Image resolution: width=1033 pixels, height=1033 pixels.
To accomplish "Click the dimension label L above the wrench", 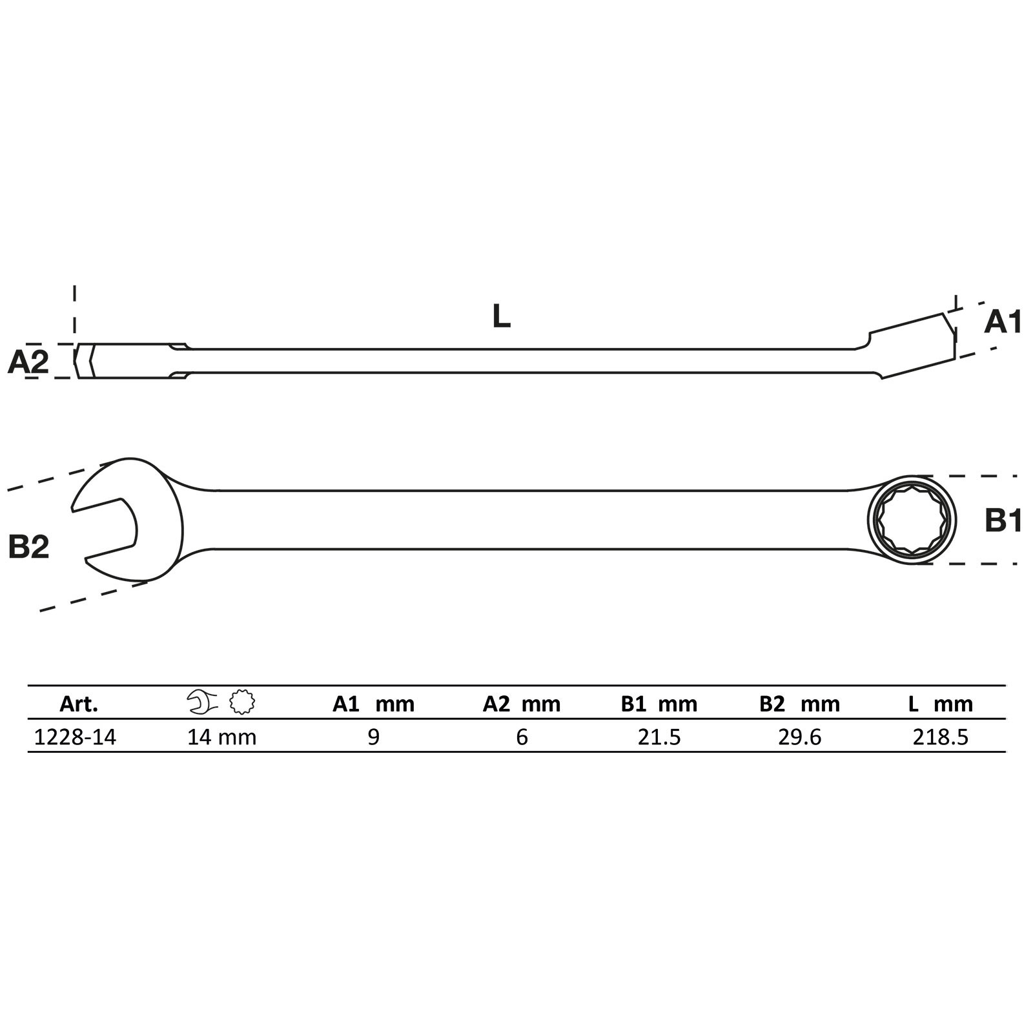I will (x=501, y=316).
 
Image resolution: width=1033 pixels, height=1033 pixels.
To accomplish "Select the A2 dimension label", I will (x=28, y=362).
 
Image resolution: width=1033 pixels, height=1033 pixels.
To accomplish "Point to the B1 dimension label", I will (x=1003, y=520).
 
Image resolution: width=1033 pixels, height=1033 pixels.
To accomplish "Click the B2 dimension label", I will (x=29, y=546).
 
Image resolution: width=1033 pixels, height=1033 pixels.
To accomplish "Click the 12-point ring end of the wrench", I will (x=912, y=520).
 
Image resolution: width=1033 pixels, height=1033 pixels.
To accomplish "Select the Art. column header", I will (x=79, y=704).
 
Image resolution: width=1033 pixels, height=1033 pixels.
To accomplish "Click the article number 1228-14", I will (x=75, y=737).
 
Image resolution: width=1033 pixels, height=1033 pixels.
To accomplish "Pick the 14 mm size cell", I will (x=221, y=737).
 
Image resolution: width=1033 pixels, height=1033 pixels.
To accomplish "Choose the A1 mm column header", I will (x=373, y=704).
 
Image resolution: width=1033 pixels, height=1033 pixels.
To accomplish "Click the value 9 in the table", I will (x=373, y=737).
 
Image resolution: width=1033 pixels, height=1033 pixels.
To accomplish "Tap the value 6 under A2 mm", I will (x=522, y=737).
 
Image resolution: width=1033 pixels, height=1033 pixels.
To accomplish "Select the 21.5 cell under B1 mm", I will (x=659, y=737).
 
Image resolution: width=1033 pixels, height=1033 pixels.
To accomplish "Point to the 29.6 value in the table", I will (x=799, y=737).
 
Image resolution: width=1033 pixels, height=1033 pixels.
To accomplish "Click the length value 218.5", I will (x=940, y=737).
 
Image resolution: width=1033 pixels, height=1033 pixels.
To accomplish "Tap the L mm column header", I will (x=940, y=704).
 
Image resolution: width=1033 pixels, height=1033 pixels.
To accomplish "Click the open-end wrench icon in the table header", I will (x=202, y=702).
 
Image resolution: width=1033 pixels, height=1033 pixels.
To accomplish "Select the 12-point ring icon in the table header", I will (x=242, y=702).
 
